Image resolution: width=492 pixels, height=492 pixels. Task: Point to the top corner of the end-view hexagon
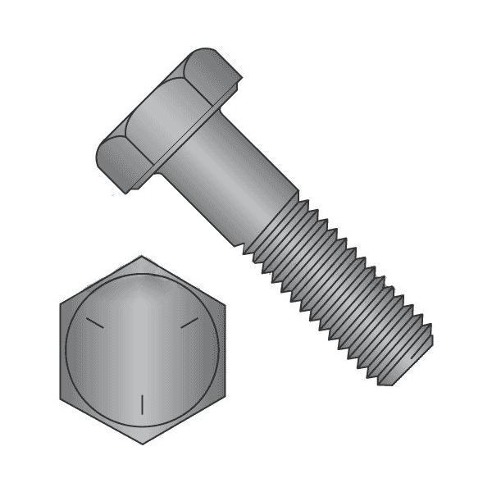pos(142,256)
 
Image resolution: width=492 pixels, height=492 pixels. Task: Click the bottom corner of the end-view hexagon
pos(142,444)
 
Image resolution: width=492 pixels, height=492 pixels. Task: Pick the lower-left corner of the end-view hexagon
pos(61,398)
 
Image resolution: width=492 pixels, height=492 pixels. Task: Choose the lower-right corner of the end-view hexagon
pos(223,398)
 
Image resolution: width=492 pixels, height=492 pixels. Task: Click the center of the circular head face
pos(142,350)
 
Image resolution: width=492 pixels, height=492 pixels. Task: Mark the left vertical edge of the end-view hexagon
pos(61,350)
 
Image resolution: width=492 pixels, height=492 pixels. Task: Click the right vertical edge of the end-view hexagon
pos(223,350)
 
